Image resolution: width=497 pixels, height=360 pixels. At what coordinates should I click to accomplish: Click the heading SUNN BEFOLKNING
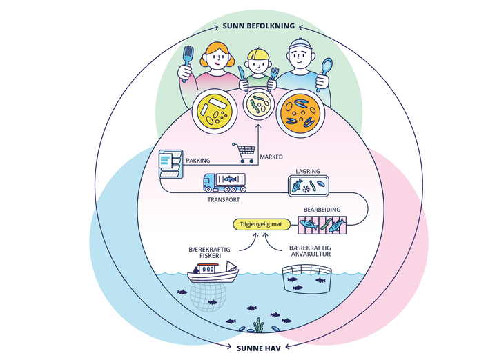coord(259,26)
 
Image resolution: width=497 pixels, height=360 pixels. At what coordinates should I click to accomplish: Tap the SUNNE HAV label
coord(259,348)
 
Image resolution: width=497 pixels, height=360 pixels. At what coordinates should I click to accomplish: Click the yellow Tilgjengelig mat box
coord(262,225)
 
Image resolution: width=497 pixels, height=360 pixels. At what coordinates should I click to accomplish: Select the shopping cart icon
coord(244,152)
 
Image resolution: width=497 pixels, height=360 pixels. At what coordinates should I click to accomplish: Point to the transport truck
coord(224,183)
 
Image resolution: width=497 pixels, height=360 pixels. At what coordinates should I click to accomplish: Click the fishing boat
coord(213,272)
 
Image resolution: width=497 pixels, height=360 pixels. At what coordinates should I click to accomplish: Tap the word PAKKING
coord(198,161)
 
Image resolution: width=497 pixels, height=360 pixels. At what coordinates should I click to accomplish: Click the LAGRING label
coord(308,171)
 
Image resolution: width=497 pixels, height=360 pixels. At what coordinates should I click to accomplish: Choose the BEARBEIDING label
coord(322,210)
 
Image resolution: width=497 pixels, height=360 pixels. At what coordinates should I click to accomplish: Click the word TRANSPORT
coord(224,200)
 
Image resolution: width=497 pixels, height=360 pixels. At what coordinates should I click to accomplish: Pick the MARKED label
coord(271,157)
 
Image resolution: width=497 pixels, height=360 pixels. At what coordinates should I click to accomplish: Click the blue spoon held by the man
coord(325,73)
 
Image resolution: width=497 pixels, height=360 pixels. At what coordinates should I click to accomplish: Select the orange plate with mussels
coord(300,113)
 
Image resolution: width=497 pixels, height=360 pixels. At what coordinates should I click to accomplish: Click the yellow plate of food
coord(215,111)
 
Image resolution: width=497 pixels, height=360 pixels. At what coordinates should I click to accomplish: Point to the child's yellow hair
coord(258,54)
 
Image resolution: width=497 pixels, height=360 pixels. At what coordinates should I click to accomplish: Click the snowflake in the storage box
coord(306,190)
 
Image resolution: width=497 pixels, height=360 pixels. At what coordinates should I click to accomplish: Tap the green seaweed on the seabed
coord(259,325)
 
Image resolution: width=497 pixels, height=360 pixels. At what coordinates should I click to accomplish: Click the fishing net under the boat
coord(208,297)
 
